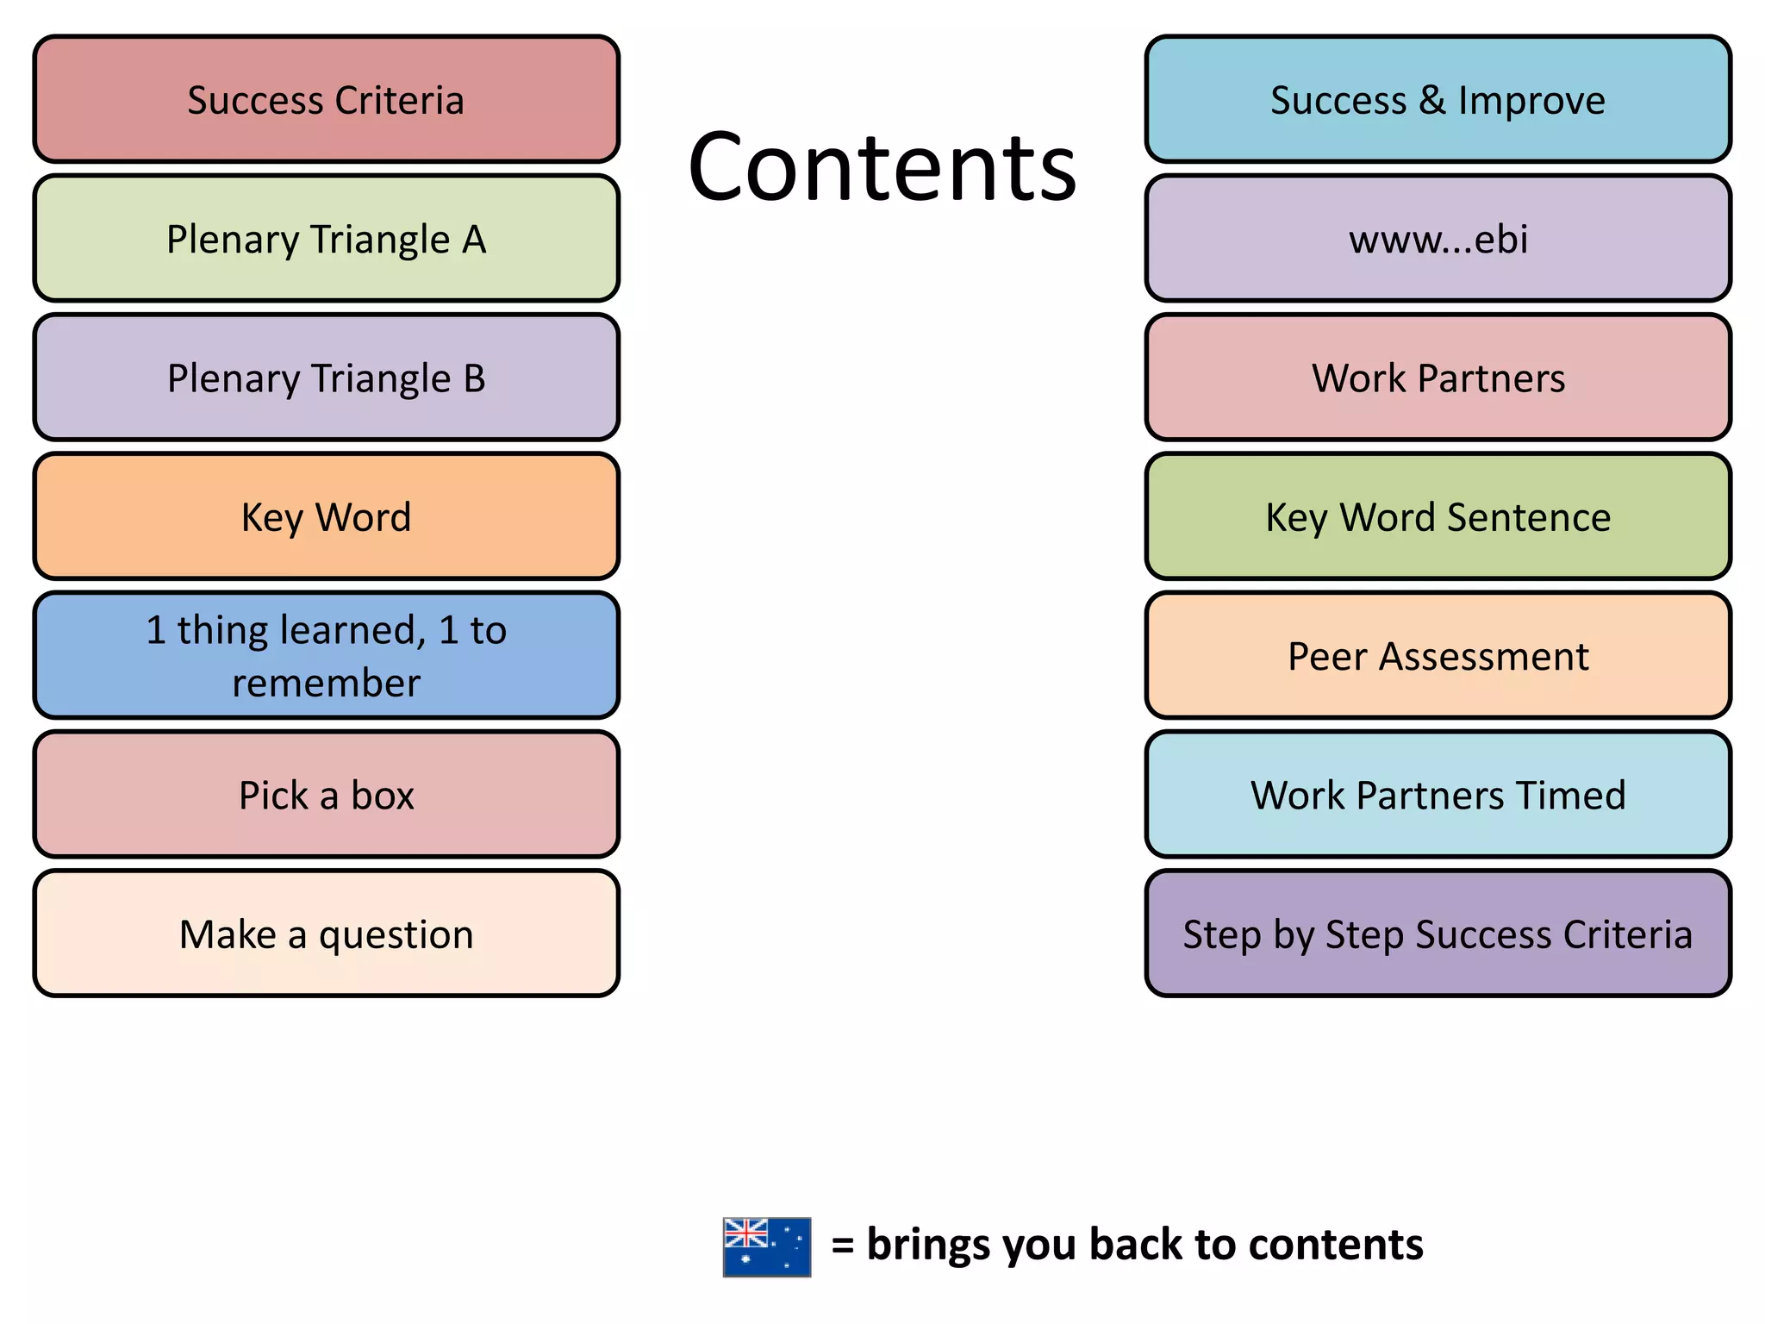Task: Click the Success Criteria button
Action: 326,99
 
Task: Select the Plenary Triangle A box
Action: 326,239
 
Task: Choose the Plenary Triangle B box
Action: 326,378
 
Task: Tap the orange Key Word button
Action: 326,517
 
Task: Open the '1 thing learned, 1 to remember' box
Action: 326,656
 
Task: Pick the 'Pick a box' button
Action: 326,795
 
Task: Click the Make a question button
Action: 326,934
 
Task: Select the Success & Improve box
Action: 1438,99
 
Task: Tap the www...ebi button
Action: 1438,239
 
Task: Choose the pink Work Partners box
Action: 1438,378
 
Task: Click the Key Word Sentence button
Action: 1438,517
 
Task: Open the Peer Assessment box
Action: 1438,656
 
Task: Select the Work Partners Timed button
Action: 1438,795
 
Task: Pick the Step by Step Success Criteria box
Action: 1438,934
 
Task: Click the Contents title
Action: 882,166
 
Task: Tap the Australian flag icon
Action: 766,1246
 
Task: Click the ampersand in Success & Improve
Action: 1431,100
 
